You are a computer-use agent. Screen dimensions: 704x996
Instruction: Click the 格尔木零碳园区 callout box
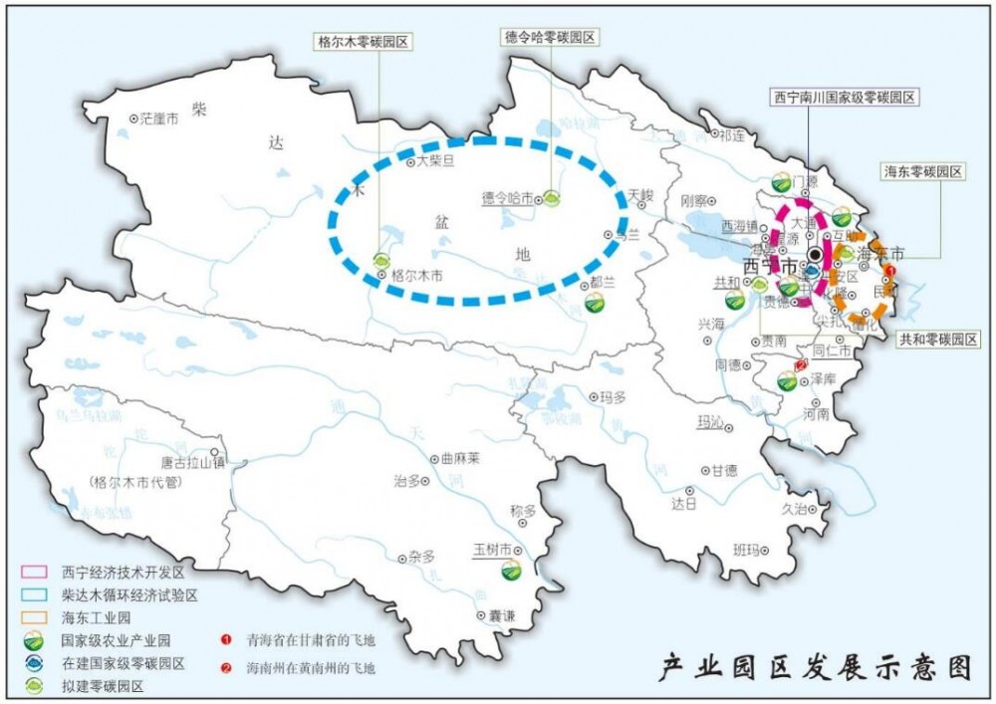pyautogui.click(x=363, y=42)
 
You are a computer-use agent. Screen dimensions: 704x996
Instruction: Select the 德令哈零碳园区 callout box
pyautogui.click(x=549, y=37)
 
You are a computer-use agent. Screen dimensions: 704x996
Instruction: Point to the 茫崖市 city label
pyautogui.click(x=158, y=118)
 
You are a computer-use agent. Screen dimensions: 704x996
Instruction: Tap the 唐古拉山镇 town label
pyautogui.click(x=193, y=462)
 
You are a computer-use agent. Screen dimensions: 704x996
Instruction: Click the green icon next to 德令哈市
pyautogui.click(x=550, y=199)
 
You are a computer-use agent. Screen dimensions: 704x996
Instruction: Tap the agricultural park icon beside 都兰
pyautogui.click(x=594, y=304)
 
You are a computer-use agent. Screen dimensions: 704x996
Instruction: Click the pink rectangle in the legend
pyautogui.click(x=37, y=574)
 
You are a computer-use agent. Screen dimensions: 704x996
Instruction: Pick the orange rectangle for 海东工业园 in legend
pyautogui.click(x=37, y=618)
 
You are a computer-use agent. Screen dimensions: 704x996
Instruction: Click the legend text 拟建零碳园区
pyautogui.click(x=103, y=685)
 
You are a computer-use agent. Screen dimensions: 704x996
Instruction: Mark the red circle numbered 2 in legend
pyautogui.click(x=227, y=667)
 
